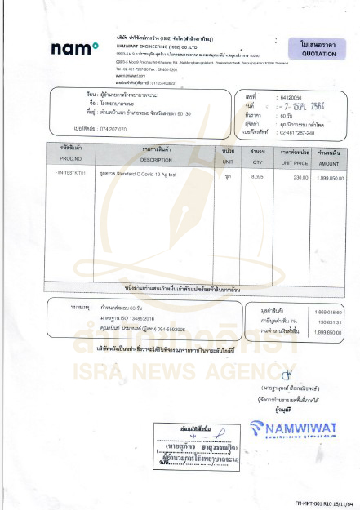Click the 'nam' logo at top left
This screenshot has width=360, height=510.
tap(75, 49)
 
